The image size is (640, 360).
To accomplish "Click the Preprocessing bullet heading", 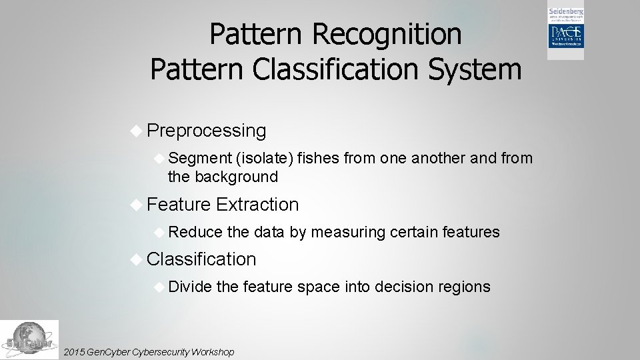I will [206, 131].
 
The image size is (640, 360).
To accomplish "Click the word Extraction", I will [257, 204].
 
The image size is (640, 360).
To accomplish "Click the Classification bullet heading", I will [201, 259].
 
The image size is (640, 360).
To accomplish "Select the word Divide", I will [191, 287].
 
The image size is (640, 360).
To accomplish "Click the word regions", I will [465, 287].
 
